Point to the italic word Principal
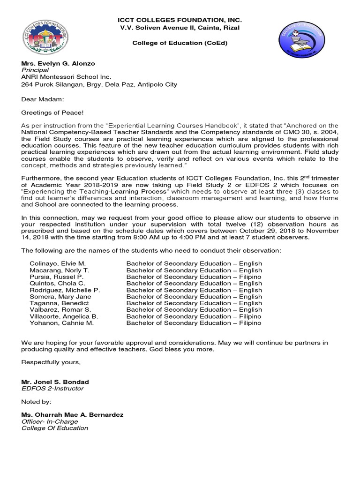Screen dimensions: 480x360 (x=35, y=70)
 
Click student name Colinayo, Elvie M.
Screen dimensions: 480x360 (x=58, y=263)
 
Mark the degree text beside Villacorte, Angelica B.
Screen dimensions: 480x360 (x=194, y=316)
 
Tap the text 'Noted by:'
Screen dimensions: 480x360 (x=36, y=402)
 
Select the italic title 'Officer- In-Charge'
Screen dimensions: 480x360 (x=50, y=421)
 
